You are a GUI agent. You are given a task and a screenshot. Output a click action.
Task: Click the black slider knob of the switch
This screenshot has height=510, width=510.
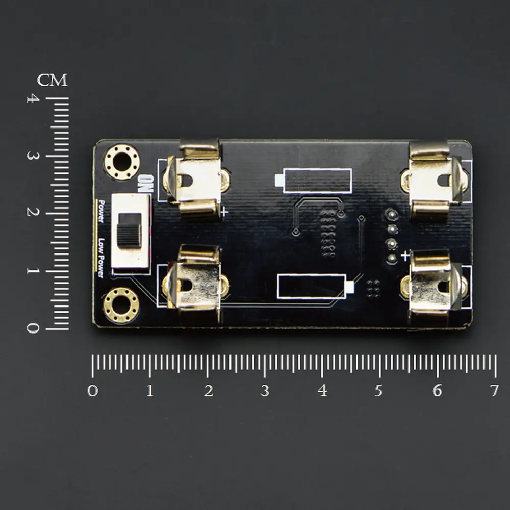[x=130, y=231]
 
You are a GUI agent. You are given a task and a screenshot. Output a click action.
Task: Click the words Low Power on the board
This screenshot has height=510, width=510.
[x=101, y=258]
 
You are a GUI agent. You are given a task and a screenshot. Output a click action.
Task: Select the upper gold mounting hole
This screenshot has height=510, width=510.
[x=122, y=162]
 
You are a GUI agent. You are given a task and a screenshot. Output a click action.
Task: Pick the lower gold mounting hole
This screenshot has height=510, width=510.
[x=121, y=305]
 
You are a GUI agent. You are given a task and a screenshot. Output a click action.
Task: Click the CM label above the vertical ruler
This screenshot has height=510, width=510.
[x=52, y=80]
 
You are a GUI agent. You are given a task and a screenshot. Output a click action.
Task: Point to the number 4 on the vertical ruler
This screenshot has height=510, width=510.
[x=33, y=98]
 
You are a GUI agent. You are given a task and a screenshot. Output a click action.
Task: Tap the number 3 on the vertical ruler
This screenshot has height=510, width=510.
[x=33, y=156]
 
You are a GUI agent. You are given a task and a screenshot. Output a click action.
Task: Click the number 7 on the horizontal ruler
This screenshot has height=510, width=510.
[x=494, y=390]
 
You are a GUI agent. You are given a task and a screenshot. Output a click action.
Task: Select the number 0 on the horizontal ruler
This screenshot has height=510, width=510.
[x=93, y=390]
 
